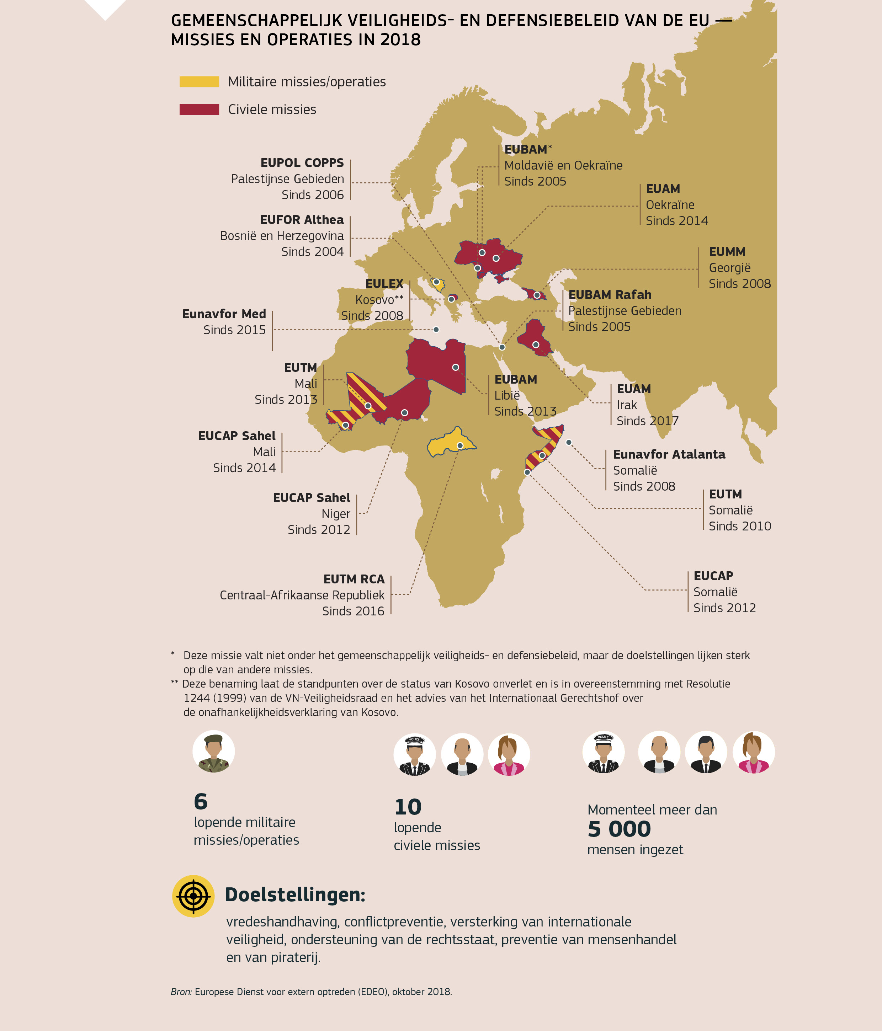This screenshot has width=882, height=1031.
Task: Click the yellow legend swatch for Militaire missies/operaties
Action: tap(199, 82)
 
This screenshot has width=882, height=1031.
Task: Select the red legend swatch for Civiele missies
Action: tap(199, 109)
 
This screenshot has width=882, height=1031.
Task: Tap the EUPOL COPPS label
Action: tap(302, 163)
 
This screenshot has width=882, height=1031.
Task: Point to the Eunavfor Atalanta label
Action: tap(669, 455)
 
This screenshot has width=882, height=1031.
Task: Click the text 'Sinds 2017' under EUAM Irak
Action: tap(647, 421)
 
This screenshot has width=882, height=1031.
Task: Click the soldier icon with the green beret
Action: tap(213, 751)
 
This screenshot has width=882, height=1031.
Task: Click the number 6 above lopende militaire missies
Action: tap(201, 802)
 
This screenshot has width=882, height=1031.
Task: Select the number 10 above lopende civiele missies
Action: tap(408, 807)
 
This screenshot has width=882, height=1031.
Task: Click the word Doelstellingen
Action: tap(295, 895)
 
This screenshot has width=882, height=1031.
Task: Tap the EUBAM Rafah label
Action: tap(609, 295)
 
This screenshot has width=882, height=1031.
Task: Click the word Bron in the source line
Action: tap(181, 992)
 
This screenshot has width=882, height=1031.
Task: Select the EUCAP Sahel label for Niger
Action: tap(312, 498)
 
